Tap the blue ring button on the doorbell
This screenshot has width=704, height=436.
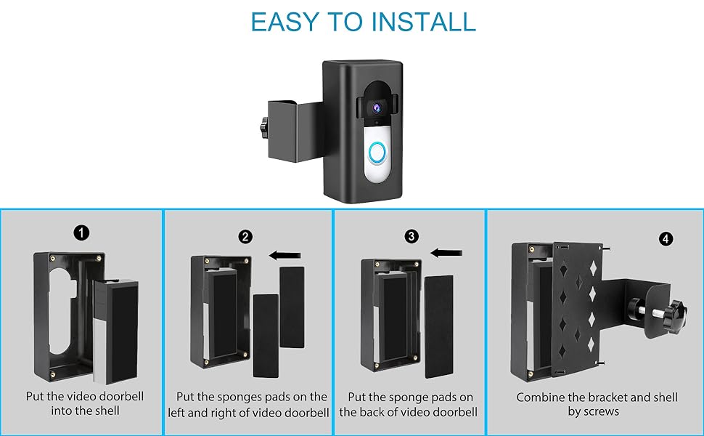[376, 152]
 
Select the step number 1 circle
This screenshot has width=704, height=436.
[82, 233]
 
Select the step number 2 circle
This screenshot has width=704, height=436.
[246, 237]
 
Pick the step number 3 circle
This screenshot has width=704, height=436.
[413, 237]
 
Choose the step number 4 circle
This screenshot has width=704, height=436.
[666, 238]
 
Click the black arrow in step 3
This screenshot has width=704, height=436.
[448, 253]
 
